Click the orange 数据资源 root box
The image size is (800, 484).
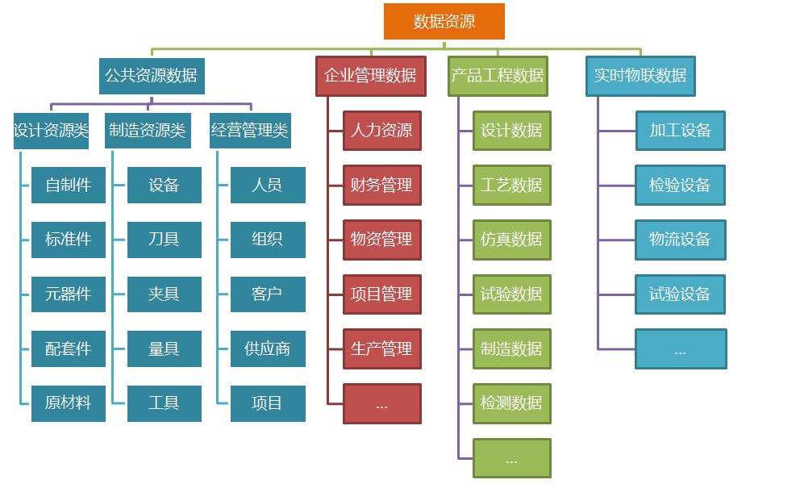(444, 21)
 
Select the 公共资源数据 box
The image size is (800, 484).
(152, 76)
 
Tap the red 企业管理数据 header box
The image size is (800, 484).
(370, 76)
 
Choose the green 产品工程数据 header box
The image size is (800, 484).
(498, 76)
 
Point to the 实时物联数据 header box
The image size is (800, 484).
(640, 76)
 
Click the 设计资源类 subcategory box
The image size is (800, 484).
(51, 131)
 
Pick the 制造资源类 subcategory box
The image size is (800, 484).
(148, 131)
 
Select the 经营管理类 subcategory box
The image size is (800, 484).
(249, 131)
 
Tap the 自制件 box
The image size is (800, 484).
(69, 186)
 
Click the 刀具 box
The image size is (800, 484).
(164, 240)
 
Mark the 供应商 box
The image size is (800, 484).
(268, 349)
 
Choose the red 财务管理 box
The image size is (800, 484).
(382, 186)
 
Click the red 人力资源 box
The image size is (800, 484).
(382, 131)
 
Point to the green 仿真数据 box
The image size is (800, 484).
(512, 240)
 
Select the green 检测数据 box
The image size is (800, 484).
(512, 403)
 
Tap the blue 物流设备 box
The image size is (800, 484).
(680, 240)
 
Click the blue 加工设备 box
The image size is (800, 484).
(680, 131)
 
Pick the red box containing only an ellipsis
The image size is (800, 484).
(382, 403)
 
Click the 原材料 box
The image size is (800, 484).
(69, 403)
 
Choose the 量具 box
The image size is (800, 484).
(164, 349)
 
